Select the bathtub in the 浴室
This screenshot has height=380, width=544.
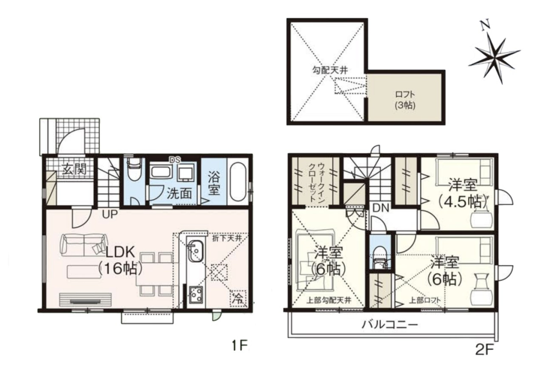click(x=238, y=182)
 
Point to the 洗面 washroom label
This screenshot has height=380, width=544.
click(x=179, y=193)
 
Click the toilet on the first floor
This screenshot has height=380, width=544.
click(x=134, y=170)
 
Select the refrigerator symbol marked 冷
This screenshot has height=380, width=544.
click(x=238, y=298)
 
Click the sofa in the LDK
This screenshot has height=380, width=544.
click(x=84, y=245)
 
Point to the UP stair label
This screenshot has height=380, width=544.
click(x=110, y=214)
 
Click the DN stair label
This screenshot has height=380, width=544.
click(x=381, y=208)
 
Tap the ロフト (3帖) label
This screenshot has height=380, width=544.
click(x=405, y=100)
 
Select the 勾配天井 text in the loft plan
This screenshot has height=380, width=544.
click(x=329, y=70)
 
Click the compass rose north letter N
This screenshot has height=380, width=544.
click(x=485, y=25)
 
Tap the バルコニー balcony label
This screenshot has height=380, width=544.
click(x=390, y=325)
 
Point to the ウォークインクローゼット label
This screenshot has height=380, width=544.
click(x=317, y=182)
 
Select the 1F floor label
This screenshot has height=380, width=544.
click(x=239, y=345)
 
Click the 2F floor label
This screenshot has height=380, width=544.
click(x=484, y=350)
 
